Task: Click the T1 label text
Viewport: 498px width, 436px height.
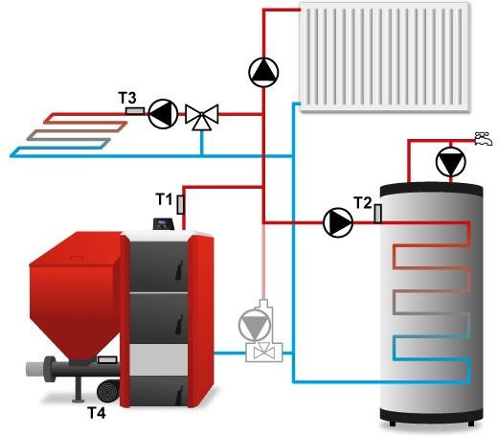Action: click(164, 199)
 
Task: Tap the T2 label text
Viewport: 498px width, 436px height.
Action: click(363, 203)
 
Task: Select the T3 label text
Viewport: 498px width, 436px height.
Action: click(127, 98)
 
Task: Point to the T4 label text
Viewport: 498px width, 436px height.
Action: click(97, 413)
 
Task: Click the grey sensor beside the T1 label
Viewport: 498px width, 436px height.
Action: click(181, 205)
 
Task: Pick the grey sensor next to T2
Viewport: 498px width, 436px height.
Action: click(378, 214)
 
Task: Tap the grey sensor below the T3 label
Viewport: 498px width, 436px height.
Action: click(135, 111)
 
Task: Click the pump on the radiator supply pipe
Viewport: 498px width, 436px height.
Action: click(263, 72)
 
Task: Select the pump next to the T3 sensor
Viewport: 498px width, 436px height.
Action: click(163, 114)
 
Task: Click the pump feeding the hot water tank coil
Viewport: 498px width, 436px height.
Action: click(338, 222)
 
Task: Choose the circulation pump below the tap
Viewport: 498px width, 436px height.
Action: click(450, 162)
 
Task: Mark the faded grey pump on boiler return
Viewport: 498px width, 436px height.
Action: click(255, 324)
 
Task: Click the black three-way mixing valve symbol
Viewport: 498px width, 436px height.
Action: click(202, 117)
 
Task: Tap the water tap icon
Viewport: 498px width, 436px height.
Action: click(483, 139)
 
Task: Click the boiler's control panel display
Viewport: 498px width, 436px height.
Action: click(164, 223)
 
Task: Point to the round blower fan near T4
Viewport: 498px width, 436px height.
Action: click(108, 391)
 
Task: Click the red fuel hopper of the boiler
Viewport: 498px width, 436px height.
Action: click(76, 295)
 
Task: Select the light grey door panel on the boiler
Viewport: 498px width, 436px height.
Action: click(159, 360)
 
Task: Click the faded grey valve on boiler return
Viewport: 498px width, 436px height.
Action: click(264, 353)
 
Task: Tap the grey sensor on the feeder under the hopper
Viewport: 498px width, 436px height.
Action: click(107, 359)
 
